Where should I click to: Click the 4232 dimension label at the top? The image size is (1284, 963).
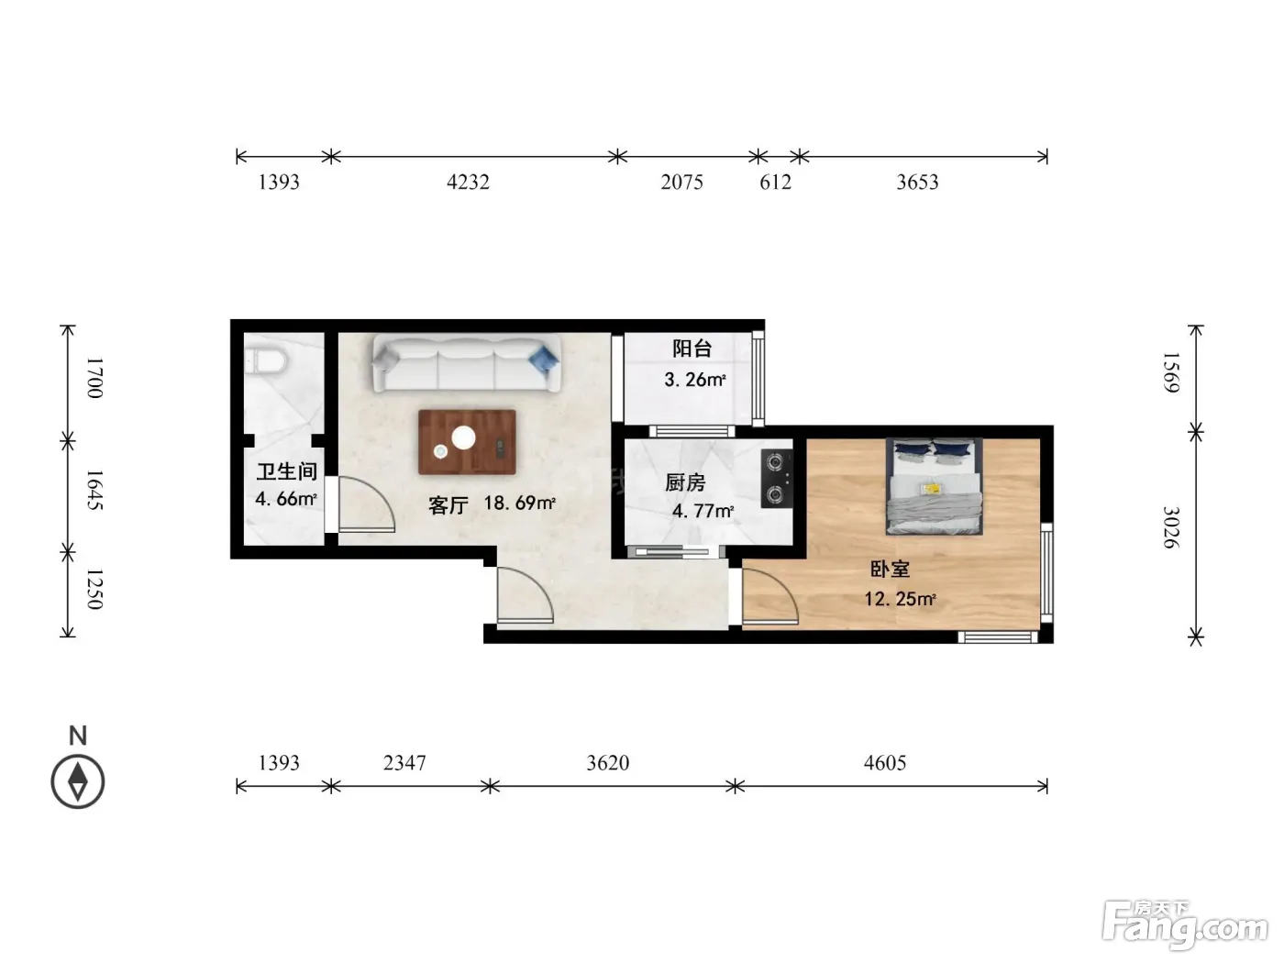pyautogui.click(x=468, y=183)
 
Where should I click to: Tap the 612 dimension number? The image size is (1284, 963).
pyautogui.click(x=775, y=183)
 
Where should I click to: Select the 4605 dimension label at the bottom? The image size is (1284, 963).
pyautogui.click(x=884, y=763)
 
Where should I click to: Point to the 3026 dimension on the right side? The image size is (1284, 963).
pyautogui.click(x=1170, y=527)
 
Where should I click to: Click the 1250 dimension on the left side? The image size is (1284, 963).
pyautogui.click(x=94, y=589)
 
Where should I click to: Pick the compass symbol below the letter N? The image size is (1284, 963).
pyautogui.click(x=78, y=782)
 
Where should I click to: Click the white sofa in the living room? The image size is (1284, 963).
pyautogui.click(x=467, y=362)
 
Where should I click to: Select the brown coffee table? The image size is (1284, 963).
pyautogui.click(x=468, y=442)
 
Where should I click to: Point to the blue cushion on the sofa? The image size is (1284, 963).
pyautogui.click(x=543, y=359)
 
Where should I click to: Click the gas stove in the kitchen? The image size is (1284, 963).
pyautogui.click(x=777, y=478)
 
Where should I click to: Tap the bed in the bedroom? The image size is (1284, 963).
pyautogui.click(x=935, y=486)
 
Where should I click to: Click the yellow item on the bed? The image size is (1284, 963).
pyautogui.click(x=930, y=486)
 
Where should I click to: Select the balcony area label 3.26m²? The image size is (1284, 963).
pyautogui.click(x=695, y=380)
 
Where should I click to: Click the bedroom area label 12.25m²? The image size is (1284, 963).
pyautogui.click(x=901, y=599)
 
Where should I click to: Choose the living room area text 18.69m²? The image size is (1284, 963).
pyautogui.click(x=519, y=503)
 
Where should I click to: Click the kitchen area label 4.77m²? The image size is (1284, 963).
pyautogui.click(x=703, y=512)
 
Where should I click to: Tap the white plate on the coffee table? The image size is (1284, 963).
pyautogui.click(x=463, y=438)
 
